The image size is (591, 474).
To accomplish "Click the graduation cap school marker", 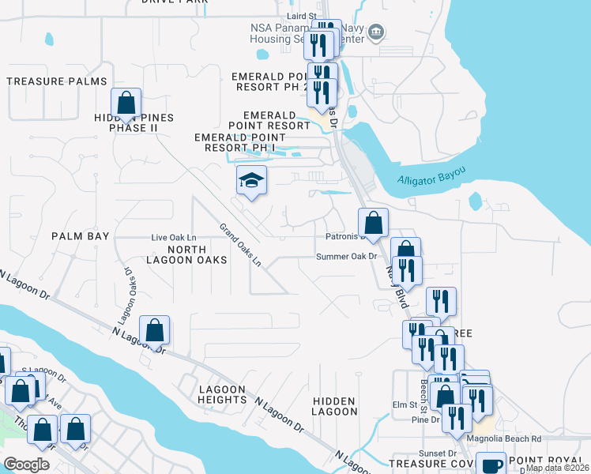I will tap(250, 181).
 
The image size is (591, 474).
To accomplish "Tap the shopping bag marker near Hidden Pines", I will tap(126, 103).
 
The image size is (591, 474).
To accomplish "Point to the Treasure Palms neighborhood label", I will tap(56, 81).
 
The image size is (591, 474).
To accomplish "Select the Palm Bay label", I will tap(79, 236).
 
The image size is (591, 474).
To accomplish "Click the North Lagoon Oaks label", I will tap(186, 254).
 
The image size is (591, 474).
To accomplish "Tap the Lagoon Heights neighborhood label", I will tap(223, 394).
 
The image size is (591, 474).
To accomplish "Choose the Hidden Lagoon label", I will tap(335, 406).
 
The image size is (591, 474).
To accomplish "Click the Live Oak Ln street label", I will tap(173, 237).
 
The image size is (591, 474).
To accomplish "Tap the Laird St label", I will tap(302, 15).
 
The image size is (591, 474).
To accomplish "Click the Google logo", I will tap(26, 464).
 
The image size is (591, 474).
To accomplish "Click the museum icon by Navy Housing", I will tap(377, 33).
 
